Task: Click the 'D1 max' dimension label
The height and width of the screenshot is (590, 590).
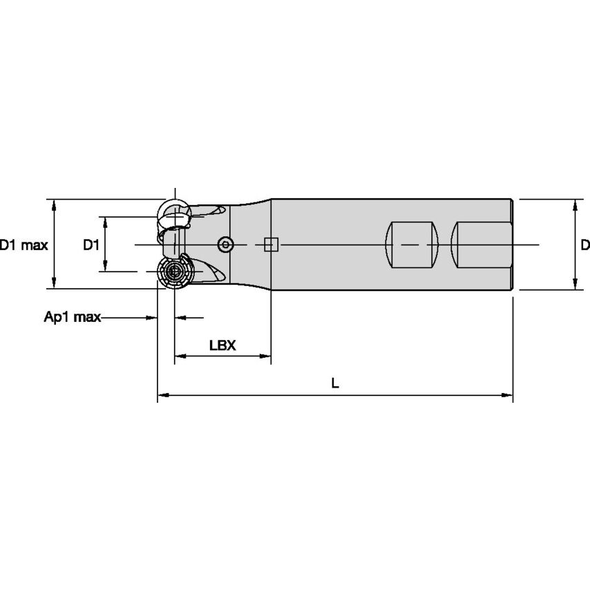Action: tap(23, 245)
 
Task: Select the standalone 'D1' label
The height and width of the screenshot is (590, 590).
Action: tap(91, 245)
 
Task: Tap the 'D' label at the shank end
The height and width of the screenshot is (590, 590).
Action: tap(584, 245)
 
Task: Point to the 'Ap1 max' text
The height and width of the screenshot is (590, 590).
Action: tap(72, 317)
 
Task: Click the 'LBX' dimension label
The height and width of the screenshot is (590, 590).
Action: tap(222, 345)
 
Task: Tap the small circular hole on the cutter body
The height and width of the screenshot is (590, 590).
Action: tap(225, 245)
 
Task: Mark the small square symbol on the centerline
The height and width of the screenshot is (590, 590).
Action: tap(271, 245)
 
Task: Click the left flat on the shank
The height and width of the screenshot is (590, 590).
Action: tap(412, 245)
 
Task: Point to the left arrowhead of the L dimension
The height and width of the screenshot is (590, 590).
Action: tap(162, 397)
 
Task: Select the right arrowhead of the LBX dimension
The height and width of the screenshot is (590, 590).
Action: tap(265, 356)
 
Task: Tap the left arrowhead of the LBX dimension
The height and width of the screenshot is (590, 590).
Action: tap(179, 356)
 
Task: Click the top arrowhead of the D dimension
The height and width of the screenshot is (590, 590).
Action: tap(573, 204)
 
